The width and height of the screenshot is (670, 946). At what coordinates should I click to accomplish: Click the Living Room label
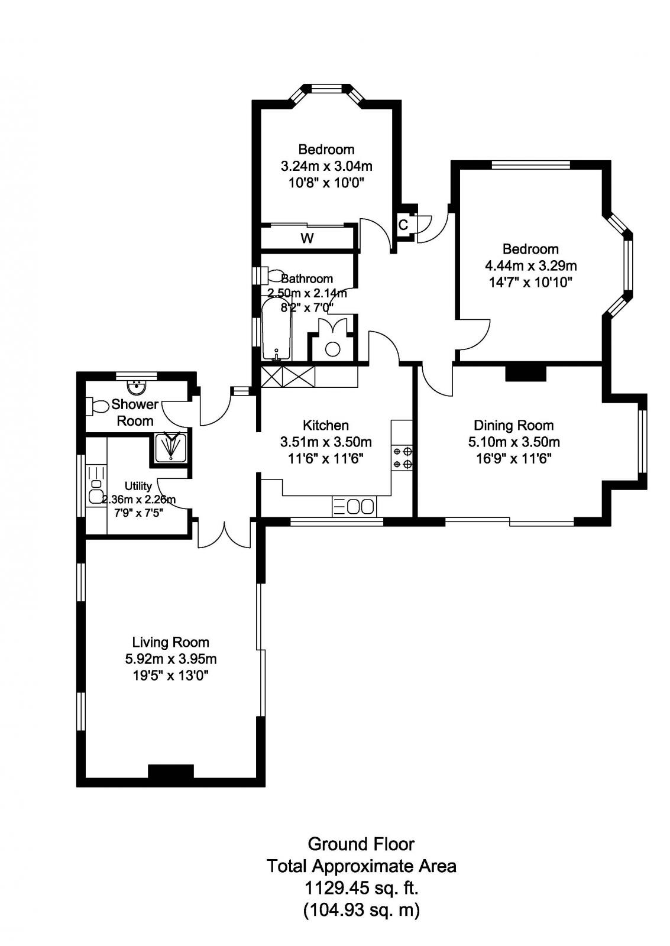coord(170,642)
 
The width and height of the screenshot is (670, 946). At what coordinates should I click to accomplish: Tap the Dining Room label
coord(513,425)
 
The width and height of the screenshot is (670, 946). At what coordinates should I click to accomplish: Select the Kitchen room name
coord(325,425)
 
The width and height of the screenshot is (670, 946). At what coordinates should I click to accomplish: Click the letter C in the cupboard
coord(403,225)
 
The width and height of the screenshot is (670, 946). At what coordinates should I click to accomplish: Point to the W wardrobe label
coord(307,238)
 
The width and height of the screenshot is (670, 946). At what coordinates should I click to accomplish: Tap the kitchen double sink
coord(354,507)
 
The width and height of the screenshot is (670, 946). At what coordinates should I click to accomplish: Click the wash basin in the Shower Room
coord(137,387)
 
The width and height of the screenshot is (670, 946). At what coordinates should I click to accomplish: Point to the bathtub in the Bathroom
coord(276,330)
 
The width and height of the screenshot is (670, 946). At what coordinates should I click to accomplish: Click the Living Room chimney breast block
coord(170,772)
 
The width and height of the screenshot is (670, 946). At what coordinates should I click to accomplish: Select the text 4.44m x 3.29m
coord(530,265)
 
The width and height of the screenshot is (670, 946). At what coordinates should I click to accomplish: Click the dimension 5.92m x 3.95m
coord(170,659)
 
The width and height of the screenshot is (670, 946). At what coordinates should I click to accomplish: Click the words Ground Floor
coord(361,844)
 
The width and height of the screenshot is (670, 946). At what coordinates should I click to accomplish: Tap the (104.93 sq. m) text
coord(361,909)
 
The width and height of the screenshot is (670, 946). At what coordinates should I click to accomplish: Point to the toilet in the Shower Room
coord(98,406)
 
